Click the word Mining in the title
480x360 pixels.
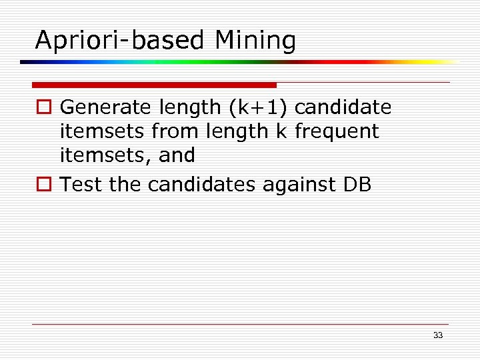coord(255,41)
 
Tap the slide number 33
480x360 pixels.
coord(437,335)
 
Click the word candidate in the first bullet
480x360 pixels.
coord(347,107)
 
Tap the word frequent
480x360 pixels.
coord(337,131)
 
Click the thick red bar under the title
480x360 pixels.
coord(154,85)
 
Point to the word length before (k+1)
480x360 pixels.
coord(189,107)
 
